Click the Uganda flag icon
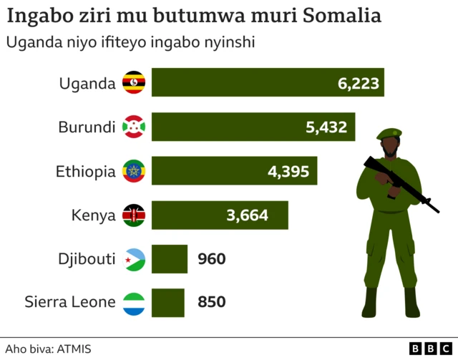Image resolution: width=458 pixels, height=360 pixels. click(134, 83)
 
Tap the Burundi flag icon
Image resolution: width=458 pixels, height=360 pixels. click(134, 127)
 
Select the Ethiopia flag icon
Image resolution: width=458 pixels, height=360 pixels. click(134, 172)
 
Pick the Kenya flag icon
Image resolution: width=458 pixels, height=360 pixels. click(134, 215)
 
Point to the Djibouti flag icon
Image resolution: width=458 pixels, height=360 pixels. click(134, 259)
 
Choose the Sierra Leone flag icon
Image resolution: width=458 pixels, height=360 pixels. click(134, 302)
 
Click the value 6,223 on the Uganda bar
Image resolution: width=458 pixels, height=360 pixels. click(358, 83)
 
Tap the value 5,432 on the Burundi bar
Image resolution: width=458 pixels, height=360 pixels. click(326, 127)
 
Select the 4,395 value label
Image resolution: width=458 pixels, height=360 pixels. click(288, 172)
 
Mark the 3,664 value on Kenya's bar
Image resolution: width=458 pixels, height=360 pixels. click(257, 215)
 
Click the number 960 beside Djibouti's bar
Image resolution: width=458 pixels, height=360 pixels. click(211, 259)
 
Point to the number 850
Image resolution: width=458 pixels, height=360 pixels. click(211, 302)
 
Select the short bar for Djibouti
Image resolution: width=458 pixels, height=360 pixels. click(169, 259)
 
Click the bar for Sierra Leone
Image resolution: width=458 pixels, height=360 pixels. click(167, 302)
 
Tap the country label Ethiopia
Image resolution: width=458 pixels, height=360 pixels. click(85, 172)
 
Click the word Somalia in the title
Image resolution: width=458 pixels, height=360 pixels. click(341, 15)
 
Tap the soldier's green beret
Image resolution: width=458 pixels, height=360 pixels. click(389, 133)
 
